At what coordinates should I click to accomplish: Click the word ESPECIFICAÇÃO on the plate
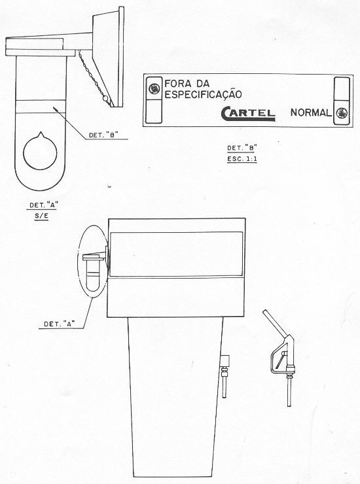(x=203, y=94)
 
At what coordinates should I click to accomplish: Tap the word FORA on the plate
(x=177, y=83)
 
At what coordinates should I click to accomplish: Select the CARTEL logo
(x=248, y=113)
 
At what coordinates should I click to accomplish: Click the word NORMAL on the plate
(x=310, y=112)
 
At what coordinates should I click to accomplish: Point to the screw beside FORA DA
(x=154, y=89)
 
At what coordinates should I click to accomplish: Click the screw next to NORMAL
(x=342, y=113)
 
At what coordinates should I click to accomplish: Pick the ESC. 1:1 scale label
(x=242, y=160)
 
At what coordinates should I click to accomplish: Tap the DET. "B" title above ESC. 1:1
(x=242, y=148)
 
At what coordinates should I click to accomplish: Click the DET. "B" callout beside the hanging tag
(x=104, y=135)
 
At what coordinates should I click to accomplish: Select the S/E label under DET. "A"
(x=41, y=216)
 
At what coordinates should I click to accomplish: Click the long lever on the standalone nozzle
(x=275, y=322)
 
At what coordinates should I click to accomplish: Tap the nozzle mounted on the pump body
(x=225, y=376)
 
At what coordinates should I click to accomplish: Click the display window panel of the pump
(x=176, y=254)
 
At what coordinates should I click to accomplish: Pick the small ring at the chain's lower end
(x=105, y=99)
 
